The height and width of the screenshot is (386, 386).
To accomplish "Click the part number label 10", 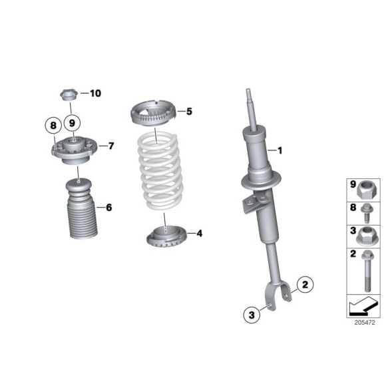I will [x=96, y=94].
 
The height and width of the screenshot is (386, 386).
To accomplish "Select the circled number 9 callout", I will [x=73, y=123].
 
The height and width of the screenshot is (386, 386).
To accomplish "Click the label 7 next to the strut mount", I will [x=110, y=145].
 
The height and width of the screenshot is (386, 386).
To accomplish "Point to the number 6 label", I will [x=108, y=208].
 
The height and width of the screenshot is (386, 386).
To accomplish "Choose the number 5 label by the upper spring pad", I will [x=188, y=111].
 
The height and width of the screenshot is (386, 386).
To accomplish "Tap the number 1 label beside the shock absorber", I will [x=280, y=150].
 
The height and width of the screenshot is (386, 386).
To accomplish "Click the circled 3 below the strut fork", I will [x=252, y=315].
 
